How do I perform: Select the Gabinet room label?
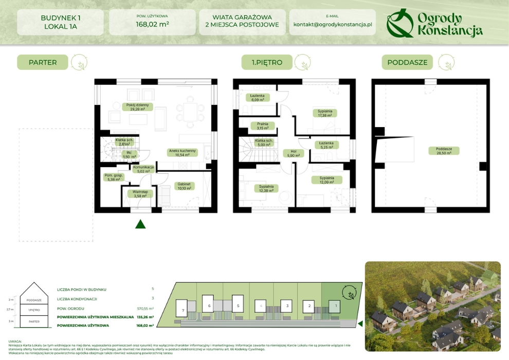pyautogui.click(x=183, y=186)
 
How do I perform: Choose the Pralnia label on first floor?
pyautogui.click(x=262, y=125)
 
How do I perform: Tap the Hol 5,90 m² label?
pyautogui.click(x=294, y=153)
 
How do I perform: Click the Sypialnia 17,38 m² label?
pyautogui.click(x=324, y=113)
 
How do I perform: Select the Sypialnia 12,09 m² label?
pyautogui.click(x=326, y=179)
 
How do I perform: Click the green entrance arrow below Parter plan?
pyautogui.click(x=140, y=224)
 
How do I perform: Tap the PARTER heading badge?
pyautogui.click(x=42, y=63)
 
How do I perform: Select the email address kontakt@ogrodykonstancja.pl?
pyautogui.click(x=332, y=25)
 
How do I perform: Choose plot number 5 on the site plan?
pyautogui.click(x=238, y=305)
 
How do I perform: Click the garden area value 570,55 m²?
pyautogui.click(x=146, y=308)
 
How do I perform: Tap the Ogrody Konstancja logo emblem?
pyautogui.click(x=399, y=23)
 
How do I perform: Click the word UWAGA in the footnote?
pyautogui.click(x=15, y=341)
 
